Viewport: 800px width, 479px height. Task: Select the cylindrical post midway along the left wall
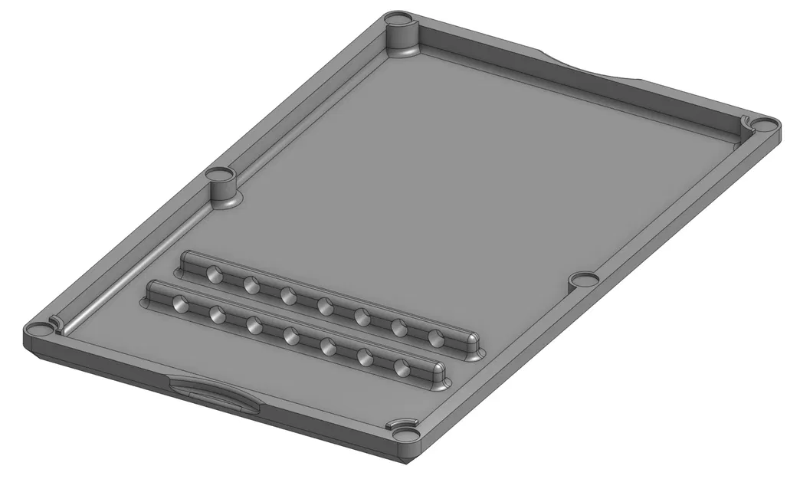point(223,186)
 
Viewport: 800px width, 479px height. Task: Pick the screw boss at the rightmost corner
point(763,123)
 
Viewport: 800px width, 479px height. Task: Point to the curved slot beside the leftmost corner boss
point(54,322)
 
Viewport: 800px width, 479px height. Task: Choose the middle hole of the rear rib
point(324,306)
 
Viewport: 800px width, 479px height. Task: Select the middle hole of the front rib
point(290,334)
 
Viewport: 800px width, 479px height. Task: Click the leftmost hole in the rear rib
point(213,274)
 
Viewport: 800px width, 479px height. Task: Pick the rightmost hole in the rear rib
point(435,338)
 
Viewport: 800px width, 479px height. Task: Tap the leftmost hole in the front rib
point(179,303)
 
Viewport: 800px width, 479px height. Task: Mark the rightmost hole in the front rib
point(402,367)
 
